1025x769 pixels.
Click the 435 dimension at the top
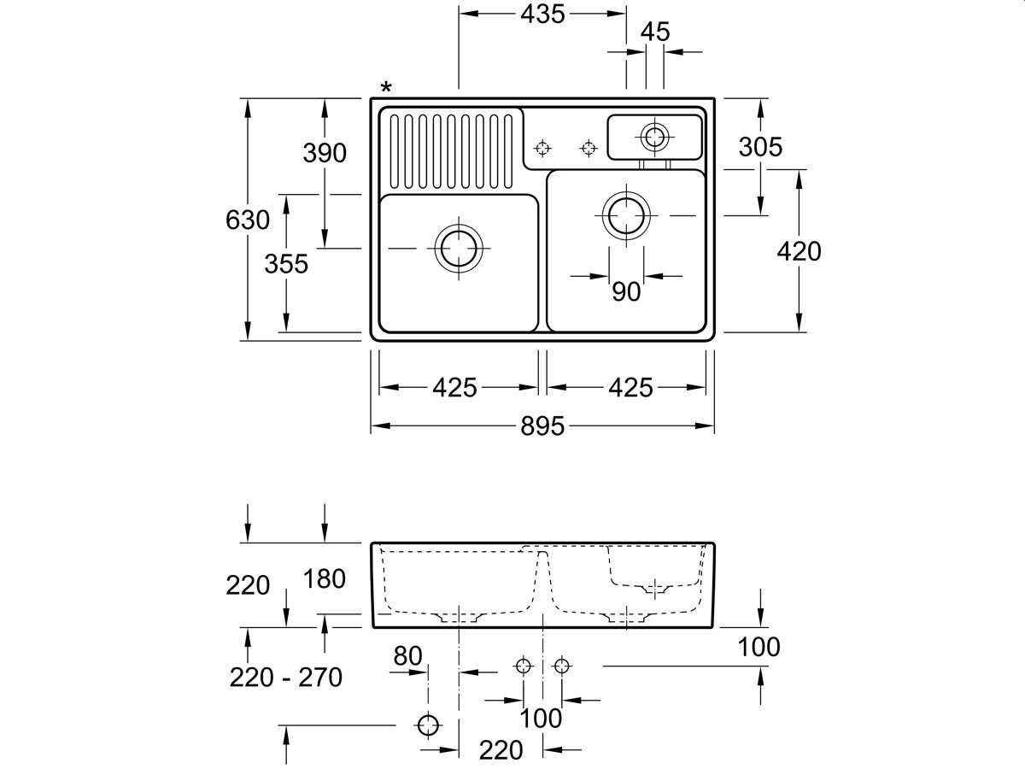pos(542,15)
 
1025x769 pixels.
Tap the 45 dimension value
pos(655,32)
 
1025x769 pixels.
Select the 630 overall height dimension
pos(248,220)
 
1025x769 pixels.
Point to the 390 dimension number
pos(325,153)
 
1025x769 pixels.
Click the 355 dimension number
pos(286,264)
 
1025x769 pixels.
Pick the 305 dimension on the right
pos(760,147)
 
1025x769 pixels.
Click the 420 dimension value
pos(799,252)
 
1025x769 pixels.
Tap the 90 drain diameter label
pos(626,292)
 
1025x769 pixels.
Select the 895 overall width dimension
pos(542,426)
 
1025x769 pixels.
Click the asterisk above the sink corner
pos(386,87)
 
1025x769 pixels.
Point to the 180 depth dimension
pos(325,579)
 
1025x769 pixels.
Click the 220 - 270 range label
pos(286,678)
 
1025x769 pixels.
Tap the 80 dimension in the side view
pos(407,656)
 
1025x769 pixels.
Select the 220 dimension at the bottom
pos(501,750)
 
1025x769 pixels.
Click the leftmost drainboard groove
pos(394,151)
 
